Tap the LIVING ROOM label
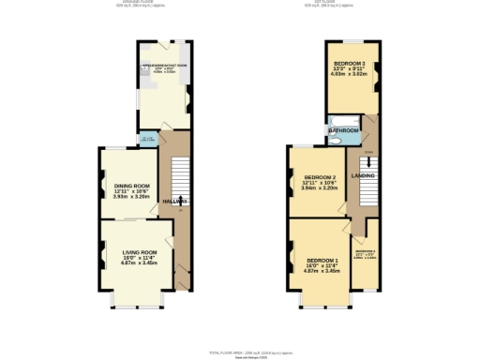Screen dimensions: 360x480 (x=139, y=252)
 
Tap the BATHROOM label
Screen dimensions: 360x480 (x=344, y=130)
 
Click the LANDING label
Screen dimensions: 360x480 (x=363, y=175)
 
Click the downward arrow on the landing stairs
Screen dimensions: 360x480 (x=368, y=162)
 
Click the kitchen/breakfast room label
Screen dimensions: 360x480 (x=165, y=66)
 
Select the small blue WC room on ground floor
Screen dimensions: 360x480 (x=145, y=140)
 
